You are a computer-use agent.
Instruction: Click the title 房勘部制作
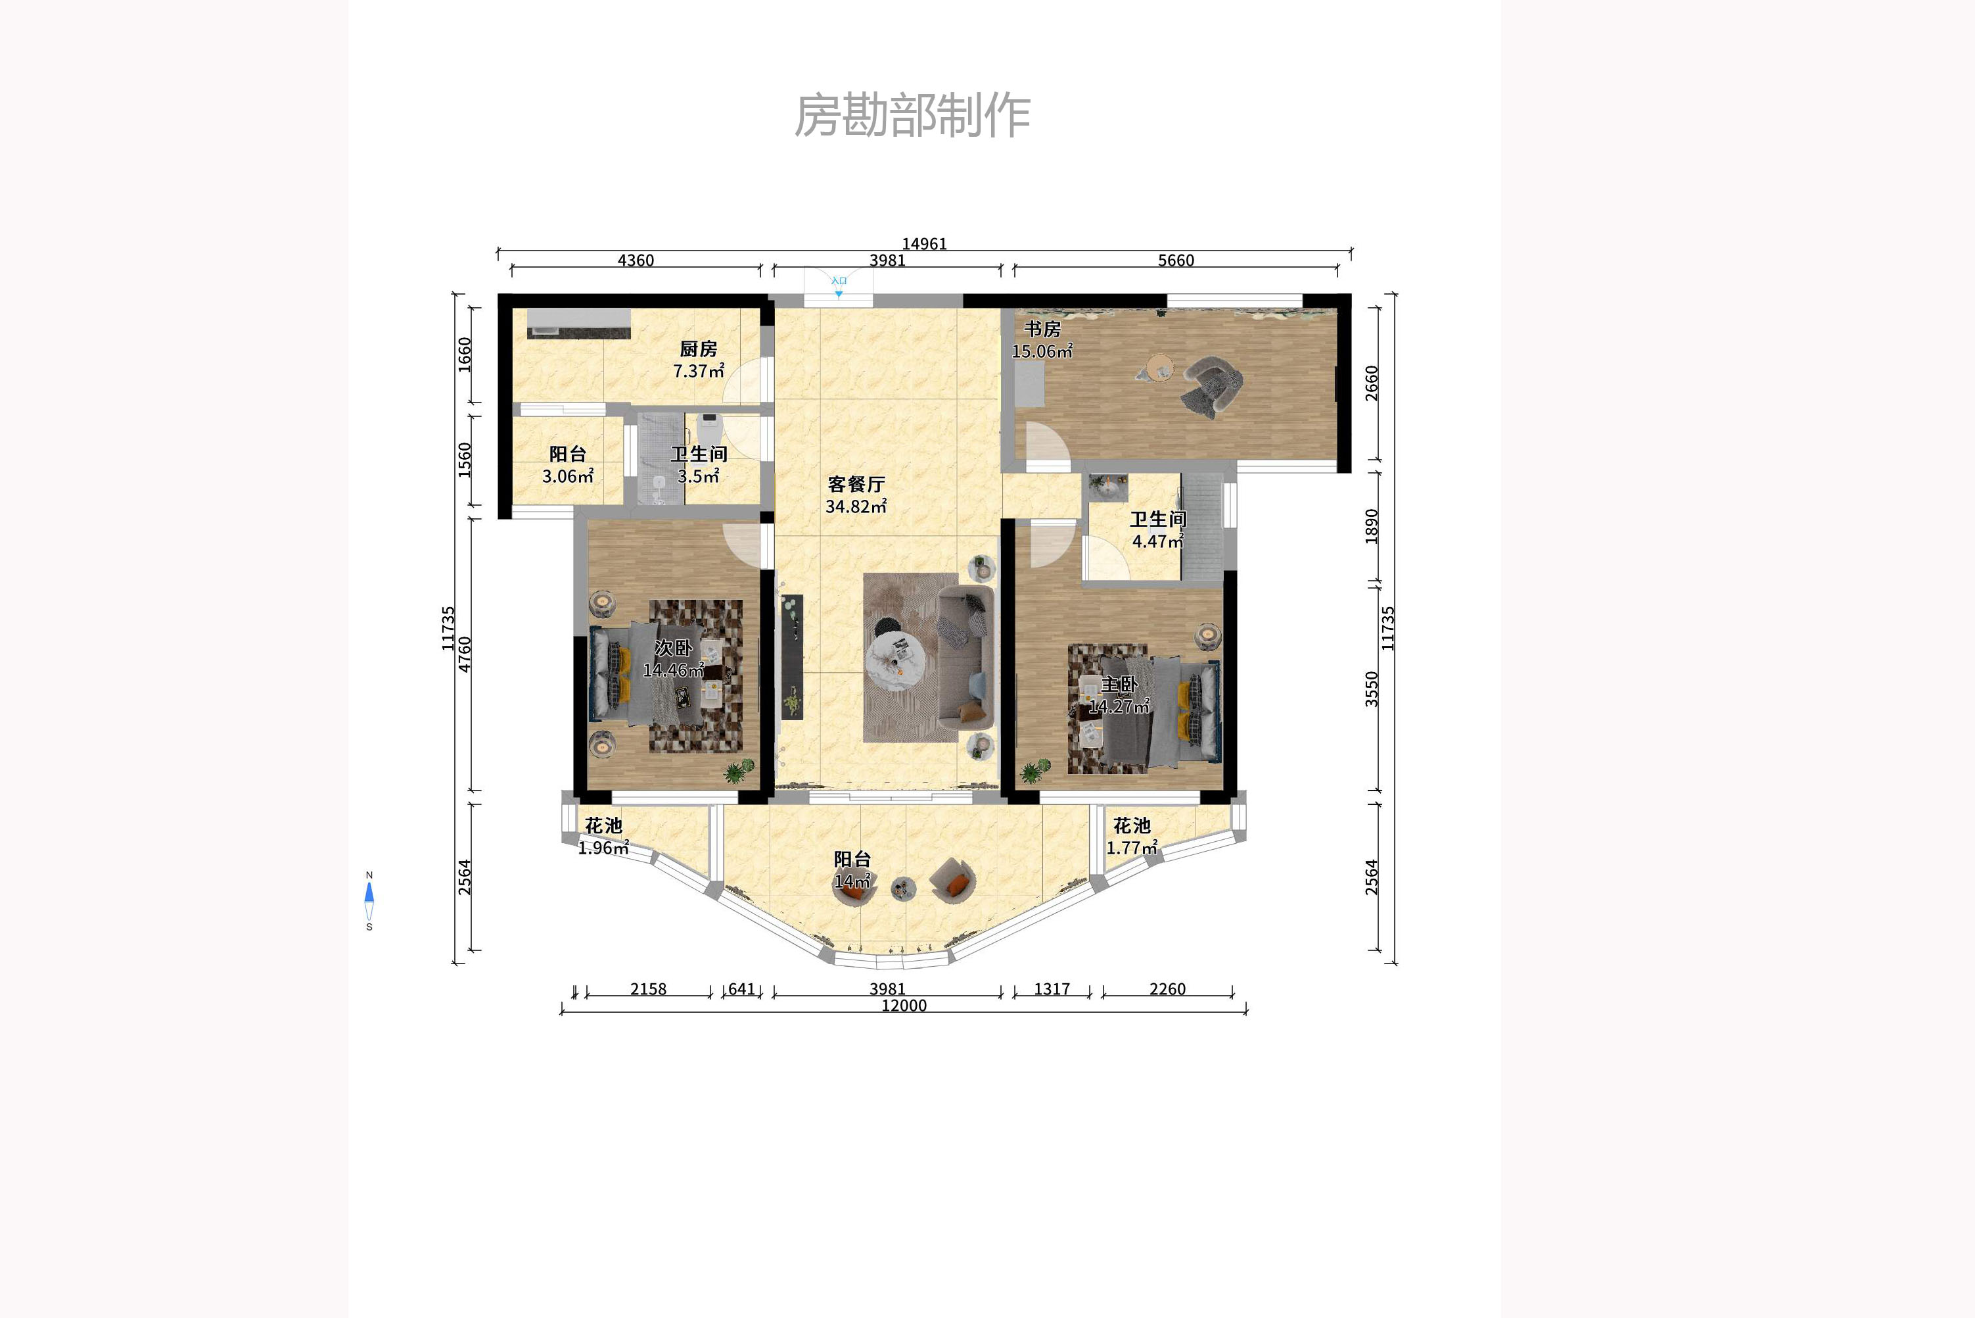pos(912,115)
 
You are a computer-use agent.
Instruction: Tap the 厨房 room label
pos(698,349)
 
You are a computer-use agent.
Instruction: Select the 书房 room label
pos(1042,329)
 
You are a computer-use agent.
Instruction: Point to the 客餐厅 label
pos(856,484)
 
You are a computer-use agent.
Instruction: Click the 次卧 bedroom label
pos(674,648)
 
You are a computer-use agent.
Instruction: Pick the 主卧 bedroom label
pos(1119,684)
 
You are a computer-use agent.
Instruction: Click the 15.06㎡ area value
pos(1042,351)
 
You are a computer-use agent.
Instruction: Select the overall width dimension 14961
pos(924,244)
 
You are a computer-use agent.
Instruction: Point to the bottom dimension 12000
pos(904,1006)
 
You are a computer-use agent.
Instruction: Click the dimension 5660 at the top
pos(1175,260)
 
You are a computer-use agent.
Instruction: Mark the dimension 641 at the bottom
pos(741,989)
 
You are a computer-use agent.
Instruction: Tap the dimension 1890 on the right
pos(1372,526)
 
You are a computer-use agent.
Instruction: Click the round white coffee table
pos(896,659)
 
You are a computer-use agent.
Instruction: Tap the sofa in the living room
pos(965,657)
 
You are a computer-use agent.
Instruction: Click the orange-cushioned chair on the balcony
pos(954,881)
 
